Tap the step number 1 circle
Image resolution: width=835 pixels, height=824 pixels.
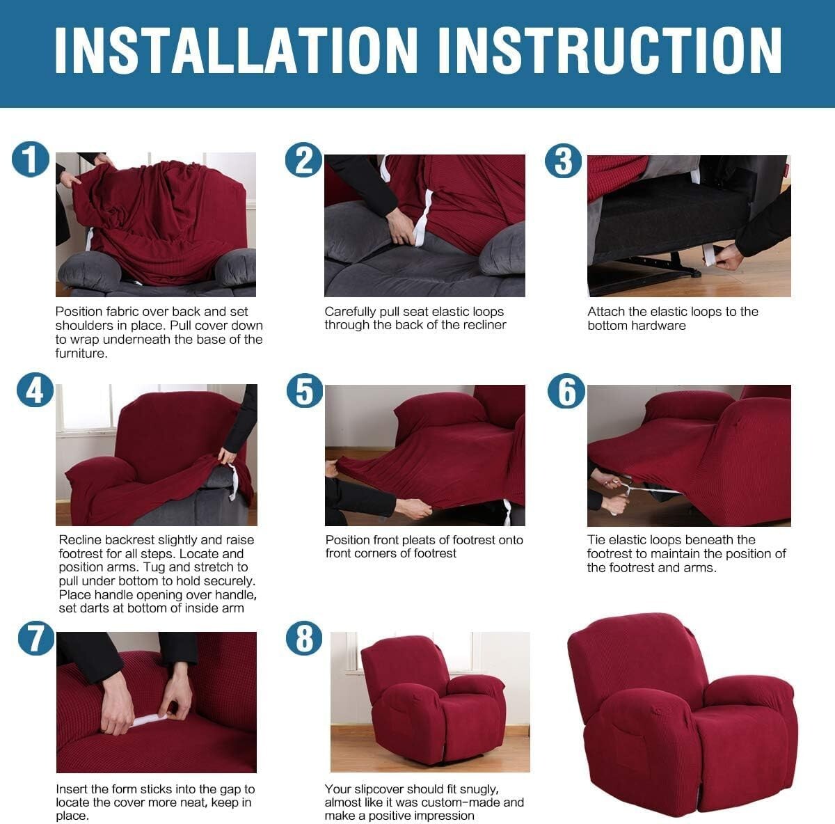[31, 159]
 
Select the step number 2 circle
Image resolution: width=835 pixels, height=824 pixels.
[304, 160]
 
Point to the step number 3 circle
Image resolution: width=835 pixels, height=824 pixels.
[563, 161]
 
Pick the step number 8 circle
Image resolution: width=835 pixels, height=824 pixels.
[304, 638]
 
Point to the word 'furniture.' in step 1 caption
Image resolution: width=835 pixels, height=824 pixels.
[81, 353]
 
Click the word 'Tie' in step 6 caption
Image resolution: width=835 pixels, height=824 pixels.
[597, 540]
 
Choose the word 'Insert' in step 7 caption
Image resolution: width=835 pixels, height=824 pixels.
[72, 789]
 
